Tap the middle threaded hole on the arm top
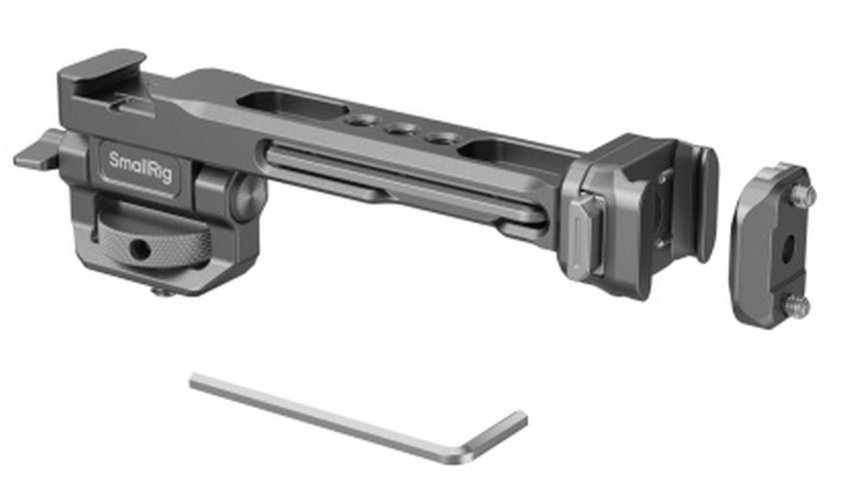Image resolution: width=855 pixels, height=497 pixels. pos(397,129)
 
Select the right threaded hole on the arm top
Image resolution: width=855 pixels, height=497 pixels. pos(441,138)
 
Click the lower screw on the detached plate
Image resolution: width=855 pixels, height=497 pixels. pos(799,306)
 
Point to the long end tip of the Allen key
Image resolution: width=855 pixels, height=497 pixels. pos(195,380)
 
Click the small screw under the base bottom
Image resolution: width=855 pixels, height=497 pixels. pos(163,289)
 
